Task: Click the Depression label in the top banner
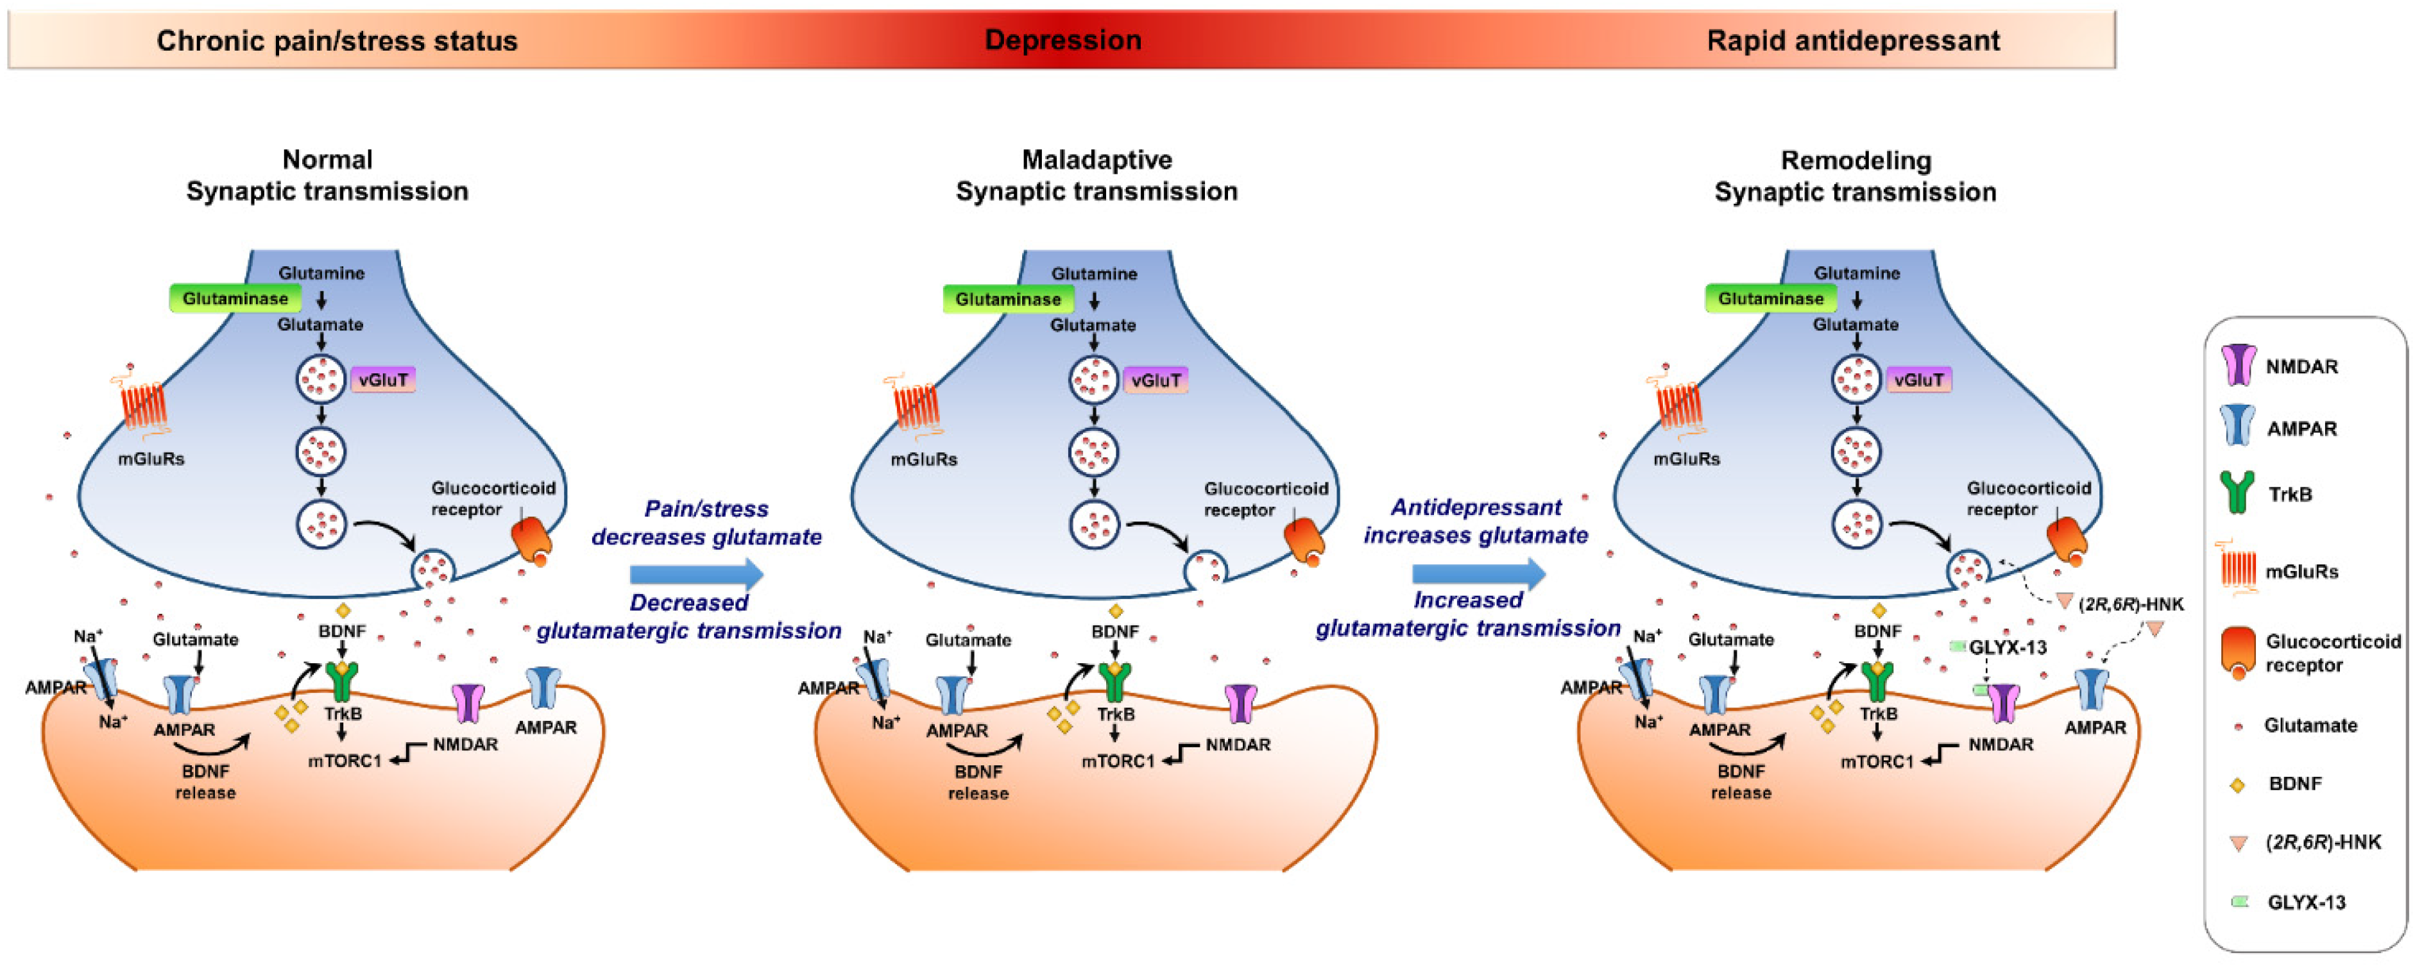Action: click(1062, 40)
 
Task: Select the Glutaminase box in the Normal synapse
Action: click(235, 299)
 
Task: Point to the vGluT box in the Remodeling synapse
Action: click(1918, 380)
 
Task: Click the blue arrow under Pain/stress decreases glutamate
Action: click(695, 574)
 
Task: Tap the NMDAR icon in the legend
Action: click(2238, 366)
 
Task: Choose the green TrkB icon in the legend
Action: click(2238, 493)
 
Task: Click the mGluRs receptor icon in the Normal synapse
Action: click(142, 405)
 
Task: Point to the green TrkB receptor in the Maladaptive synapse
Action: click(1114, 682)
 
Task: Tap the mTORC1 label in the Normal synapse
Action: click(345, 761)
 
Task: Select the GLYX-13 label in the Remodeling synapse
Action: click(2007, 647)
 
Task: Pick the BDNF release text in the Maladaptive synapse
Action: click(978, 783)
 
